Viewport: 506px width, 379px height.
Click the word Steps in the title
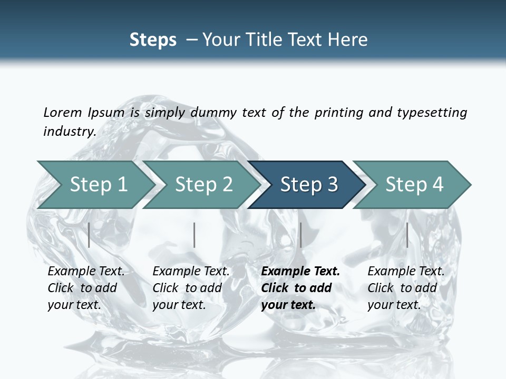point(153,40)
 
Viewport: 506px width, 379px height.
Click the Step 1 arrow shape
point(98,185)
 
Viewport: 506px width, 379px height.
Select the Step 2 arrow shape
point(203,185)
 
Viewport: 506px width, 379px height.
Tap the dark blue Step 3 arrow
point(308,185)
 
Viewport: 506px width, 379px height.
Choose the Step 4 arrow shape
point(414,185)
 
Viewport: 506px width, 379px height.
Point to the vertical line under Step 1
point(89,235)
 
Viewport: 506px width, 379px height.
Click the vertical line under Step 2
point(194,235)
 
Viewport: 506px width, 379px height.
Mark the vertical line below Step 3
point(300,235)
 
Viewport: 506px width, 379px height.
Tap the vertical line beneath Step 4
point(407,235)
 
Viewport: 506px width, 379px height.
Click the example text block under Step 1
point(86,288)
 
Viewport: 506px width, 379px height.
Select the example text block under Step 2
point(191,288)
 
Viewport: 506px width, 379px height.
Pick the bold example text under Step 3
point(300,288)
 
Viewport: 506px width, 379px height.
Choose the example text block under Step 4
point(406,288)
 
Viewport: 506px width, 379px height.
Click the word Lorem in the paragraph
point(63,112)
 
